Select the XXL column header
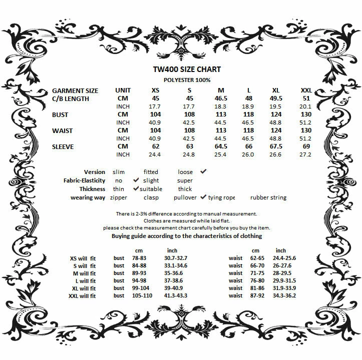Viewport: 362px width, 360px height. pos(305,90)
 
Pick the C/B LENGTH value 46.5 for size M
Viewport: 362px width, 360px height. pos(221,98)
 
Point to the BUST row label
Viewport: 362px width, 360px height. pos(60,114)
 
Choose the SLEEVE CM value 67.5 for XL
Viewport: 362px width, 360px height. pos(276,146)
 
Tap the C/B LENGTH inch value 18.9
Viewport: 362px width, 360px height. pos(248,106)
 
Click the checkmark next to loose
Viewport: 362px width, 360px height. pos(203,171)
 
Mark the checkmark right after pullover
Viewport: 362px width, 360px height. pos(204,197)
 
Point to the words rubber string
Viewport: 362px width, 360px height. pos(268,197)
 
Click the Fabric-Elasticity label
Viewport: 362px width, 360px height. pos(84,180)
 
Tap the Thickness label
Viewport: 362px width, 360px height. pos(92,189)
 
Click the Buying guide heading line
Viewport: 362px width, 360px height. pos(186,235)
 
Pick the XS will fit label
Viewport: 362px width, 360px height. pos(83,258)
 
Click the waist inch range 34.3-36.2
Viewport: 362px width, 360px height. pos(284,296)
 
